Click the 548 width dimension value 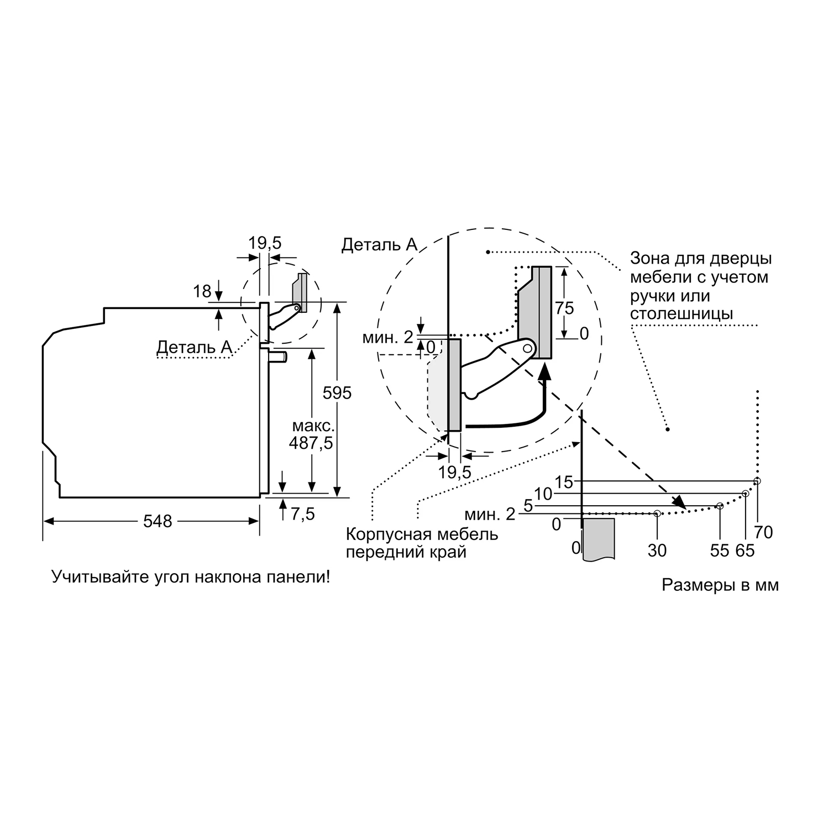click(x=158, y=521)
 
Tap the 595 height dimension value click(x=337, y=392)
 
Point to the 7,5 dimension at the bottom click(x=302, y=514)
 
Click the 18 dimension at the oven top click(x=202, y=291)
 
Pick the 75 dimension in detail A click(x=565, y=307)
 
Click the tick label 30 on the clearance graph click(x=657, y=550)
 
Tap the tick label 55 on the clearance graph click(x=720, y=550)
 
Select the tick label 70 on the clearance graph click(x=763, y=532)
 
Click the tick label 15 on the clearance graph click(x=564, y=482)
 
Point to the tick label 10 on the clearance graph click(x=543, y=494)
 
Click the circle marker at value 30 click(x=657, y=513)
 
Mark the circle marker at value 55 click(x=720, y=506)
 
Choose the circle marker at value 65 click(x=745, y=494)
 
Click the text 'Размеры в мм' click(x=720, y=585)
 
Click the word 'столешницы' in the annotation click(x=681, y=313)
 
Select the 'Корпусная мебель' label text click(x=422, y=534)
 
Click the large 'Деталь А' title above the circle click(x=379, y=244)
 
